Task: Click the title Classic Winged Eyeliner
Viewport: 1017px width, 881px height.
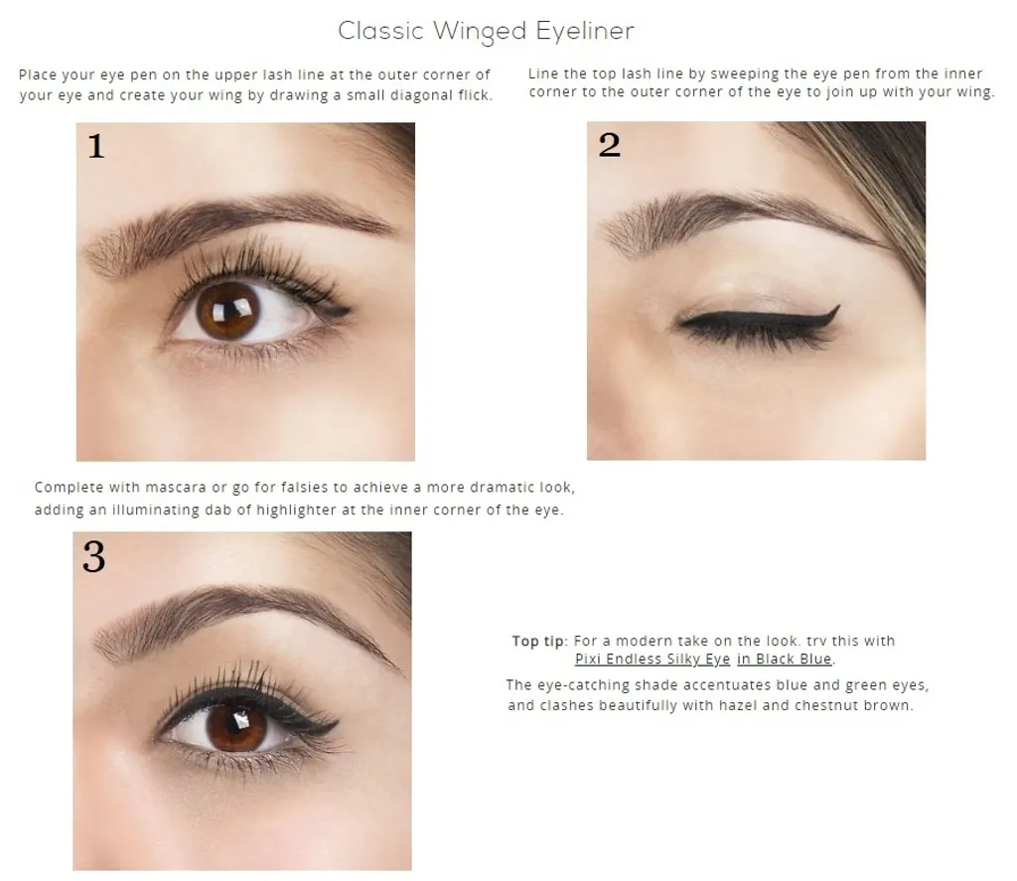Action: [486, 31]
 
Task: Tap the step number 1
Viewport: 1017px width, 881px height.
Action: [96, 145]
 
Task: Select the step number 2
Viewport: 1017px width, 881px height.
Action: [609, 145]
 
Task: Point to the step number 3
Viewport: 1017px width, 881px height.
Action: [94, 556]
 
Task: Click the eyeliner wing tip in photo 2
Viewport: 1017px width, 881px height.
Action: [838, 306]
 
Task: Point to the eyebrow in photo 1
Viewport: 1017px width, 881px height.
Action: [236, 223]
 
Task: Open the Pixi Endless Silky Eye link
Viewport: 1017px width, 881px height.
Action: [653, 660]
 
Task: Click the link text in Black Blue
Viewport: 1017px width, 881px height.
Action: [785, 660]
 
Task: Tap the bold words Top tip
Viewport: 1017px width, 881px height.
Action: [537, 641]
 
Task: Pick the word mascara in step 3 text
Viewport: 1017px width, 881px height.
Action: [183, 488]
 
